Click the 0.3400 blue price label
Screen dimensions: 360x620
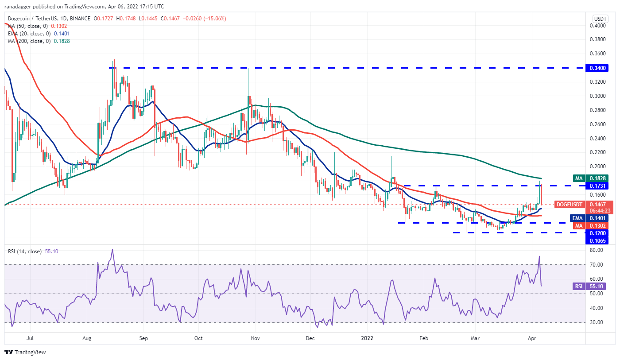tap(596, 68)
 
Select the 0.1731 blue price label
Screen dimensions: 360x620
tap(596, 185)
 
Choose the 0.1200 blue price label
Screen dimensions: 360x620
tap(596, 233)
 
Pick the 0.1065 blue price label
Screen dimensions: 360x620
tap(596, 241)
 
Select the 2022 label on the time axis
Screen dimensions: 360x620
tap(367, 338)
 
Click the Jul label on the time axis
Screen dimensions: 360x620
tap(31, 338)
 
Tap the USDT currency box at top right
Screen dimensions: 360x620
tap(600, 19)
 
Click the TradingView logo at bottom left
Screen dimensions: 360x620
tap(25, 352)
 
